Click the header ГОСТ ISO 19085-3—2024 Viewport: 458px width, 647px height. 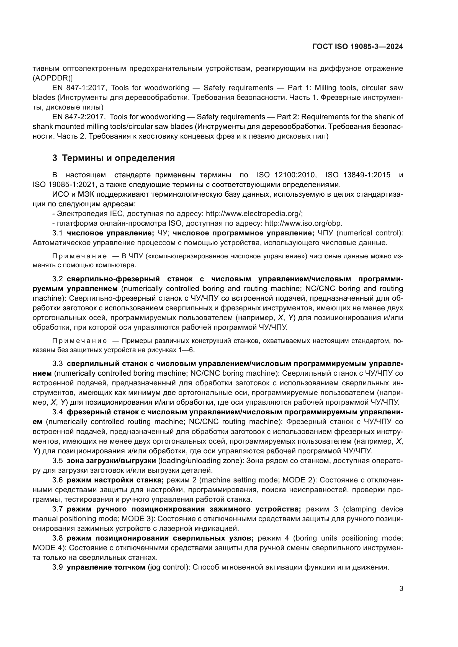357,47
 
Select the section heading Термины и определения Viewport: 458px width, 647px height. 118,158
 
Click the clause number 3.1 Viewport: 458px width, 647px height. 57,233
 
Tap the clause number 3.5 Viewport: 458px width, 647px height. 57,461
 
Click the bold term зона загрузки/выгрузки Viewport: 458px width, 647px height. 111,461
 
